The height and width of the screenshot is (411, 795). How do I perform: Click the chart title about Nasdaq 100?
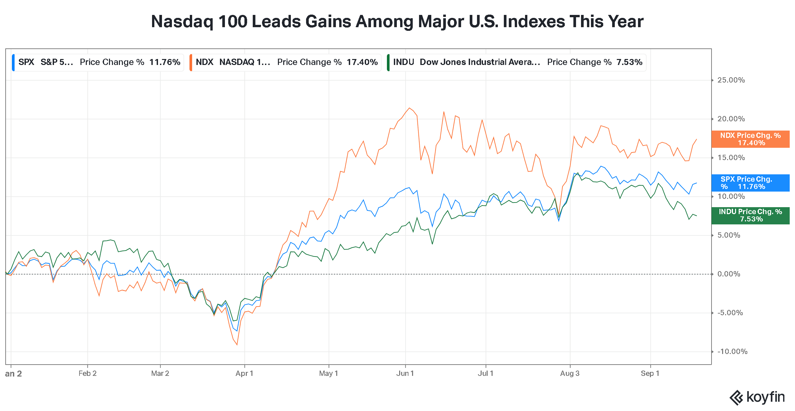point(397,22)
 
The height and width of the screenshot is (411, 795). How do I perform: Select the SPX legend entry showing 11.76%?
point(98,62)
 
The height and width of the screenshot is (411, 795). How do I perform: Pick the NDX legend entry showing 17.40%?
point(285,62)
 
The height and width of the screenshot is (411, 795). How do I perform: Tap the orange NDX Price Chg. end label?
point(750,139)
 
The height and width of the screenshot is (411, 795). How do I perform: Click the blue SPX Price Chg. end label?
point(750,183)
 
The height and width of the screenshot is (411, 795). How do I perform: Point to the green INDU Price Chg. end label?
point(750,215)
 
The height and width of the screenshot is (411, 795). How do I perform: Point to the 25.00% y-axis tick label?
point(731,80)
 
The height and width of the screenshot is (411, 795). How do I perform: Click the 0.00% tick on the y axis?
point(729,274)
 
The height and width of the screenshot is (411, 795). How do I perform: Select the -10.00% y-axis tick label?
point(732,352)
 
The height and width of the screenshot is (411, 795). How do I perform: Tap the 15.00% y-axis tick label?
point(731,158)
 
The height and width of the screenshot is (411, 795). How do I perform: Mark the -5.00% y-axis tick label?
point(730,313)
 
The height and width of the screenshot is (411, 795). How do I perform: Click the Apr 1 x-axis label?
point(244,374)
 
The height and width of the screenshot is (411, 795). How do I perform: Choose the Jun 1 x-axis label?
point(405,374)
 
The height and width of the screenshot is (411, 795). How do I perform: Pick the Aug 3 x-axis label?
point(570,374)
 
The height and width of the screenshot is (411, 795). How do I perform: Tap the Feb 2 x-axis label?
point(87,374)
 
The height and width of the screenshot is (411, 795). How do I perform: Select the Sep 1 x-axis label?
point(650,374)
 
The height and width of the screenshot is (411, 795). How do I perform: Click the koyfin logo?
point(757,397)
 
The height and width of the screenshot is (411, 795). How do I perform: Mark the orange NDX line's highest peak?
point(409,108)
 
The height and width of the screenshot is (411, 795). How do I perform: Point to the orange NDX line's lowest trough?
point(237,345)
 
